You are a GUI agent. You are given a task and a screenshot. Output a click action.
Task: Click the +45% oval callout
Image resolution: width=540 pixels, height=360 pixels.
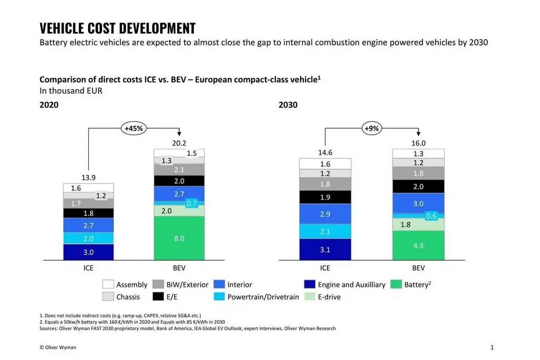pyautogui.click(x=134, y=128)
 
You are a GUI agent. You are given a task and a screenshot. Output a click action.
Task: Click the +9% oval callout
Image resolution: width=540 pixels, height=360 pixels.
pyautogui.click(x=371, y=128)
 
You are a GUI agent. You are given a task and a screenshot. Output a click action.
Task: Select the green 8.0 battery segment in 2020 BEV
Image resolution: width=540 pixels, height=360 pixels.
pyautogui.click(x=179, y=238)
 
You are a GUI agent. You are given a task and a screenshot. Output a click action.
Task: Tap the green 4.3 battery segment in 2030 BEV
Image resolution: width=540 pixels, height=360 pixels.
pyautogui.click(x=418, y=245)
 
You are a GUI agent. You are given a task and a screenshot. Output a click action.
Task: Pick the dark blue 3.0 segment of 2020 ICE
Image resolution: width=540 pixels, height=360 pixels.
pyautogui.click(x=88, y=252)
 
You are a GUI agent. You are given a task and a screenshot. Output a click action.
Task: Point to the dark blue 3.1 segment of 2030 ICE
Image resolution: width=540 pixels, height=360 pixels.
pyautogui.click(x=325, y=249)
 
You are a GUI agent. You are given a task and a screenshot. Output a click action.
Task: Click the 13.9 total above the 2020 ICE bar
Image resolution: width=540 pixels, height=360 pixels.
pyautogui.click(x=88, y=178)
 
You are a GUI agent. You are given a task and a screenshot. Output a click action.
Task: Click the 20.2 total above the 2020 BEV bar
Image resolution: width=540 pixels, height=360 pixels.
pyautogui.click(x=179, y=143)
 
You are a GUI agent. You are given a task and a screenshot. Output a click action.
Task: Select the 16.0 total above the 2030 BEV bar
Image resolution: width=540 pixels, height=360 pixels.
pyautogui.click(x=418, y=143)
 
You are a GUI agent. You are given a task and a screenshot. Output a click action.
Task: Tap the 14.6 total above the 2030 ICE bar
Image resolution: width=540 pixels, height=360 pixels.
pyautogui.click(x=325, y=153)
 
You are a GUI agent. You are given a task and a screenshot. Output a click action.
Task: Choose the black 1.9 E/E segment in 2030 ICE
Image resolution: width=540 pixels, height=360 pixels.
pyautogui.click(x=325, y=197)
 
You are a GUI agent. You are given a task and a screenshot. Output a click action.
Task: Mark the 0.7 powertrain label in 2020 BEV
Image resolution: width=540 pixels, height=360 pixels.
pyautogui.click(x=192, y=203)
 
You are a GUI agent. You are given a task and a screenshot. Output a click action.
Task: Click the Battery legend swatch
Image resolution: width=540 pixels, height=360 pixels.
pyautogui.click(x=396, y=284)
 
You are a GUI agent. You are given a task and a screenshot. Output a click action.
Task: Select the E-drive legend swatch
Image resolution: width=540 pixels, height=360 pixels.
pyautogui.click(x=310, y=297)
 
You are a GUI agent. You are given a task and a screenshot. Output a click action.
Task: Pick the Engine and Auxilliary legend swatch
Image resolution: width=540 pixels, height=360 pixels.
pyautogui.click(x=310, y=284)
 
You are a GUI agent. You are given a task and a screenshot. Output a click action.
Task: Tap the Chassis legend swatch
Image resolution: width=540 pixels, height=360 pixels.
pyautogui.click(x=108, y=297)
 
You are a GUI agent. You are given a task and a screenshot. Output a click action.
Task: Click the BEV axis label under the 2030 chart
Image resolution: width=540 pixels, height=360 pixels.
pyautogui.click(x=418, y=268)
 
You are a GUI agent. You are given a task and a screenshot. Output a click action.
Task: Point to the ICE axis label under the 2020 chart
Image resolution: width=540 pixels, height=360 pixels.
pyautogui.click(x=88, y=268)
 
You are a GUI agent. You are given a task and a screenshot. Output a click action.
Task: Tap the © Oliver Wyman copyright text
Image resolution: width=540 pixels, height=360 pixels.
pyautogui.click(x=58, y=347)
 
